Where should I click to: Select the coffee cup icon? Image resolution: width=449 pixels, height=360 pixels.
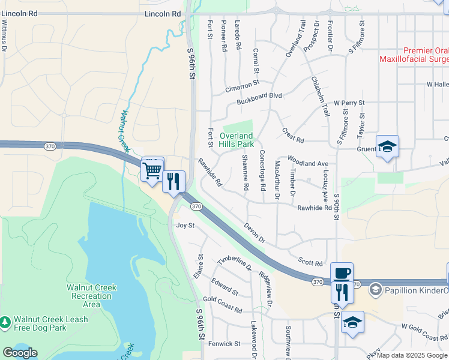[342, 274]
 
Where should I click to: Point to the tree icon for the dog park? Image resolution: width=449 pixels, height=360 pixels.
[5, 323]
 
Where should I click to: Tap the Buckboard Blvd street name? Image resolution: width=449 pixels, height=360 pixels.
[259, 95]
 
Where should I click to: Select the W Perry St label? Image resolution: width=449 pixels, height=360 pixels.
[349, 103]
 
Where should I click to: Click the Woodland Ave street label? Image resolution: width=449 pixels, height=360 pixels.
[308, 163]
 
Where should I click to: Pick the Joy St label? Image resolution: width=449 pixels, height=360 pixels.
[185, 226]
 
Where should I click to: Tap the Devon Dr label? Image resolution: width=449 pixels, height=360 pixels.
[255, 233]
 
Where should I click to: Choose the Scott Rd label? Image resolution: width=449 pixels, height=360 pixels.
[310, 263]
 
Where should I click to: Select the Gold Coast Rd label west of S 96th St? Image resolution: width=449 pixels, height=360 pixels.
[223, 304]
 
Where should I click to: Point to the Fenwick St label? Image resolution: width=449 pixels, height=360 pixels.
[224, 344]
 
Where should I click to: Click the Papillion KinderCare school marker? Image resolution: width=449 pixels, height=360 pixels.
[375, 290]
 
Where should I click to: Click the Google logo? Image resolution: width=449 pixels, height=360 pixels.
[19, 353]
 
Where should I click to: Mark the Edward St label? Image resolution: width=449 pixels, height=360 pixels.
[224, 286]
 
